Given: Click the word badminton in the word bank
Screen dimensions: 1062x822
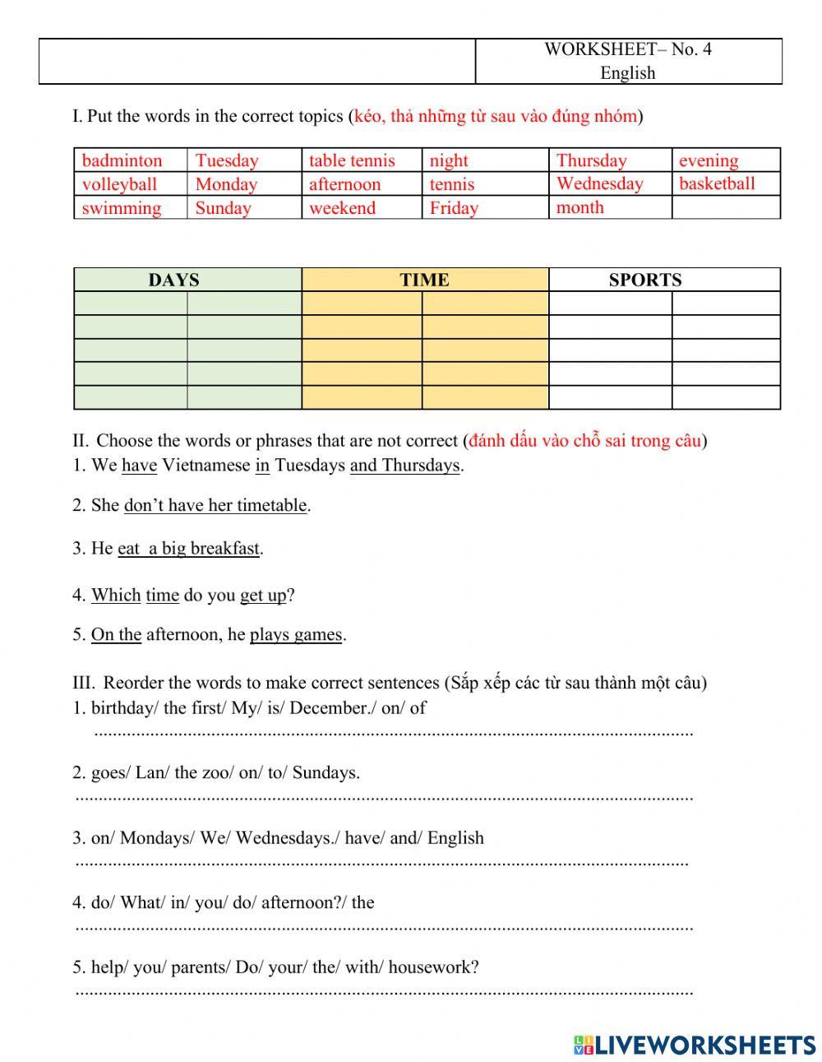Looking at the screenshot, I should (x=122, y=160).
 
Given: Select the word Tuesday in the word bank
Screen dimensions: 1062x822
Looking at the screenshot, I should (x=227, y=160).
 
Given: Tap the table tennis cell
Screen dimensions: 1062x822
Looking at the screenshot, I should (x=352, y=160).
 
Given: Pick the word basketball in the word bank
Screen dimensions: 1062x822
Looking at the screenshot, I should (x=717, y=183).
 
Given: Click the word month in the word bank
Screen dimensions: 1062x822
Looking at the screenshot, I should (x=580, y=207).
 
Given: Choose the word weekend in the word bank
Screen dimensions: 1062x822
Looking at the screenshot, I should (x=342, y=208).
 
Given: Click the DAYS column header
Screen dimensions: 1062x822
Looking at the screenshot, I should (x=173, y=280).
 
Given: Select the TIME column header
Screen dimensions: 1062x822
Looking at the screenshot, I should (x=424, y=280).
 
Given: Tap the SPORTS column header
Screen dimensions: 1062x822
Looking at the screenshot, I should (x=644, y=280).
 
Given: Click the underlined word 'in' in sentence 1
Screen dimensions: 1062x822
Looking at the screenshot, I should (x=262, y=466).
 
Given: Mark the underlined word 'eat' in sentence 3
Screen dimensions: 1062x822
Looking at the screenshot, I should (x=129, y=548).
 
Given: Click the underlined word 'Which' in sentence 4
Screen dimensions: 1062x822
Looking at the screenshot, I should (x=116, y=595).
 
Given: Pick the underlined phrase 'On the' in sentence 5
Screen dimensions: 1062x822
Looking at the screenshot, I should (x=116, y=634).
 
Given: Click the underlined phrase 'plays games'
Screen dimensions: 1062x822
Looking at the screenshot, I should (x=296, y=634).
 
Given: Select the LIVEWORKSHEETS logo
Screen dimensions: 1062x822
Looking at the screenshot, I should (x=695, y=1045).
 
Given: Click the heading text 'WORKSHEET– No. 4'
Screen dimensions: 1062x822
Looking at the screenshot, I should (x=627, y=49).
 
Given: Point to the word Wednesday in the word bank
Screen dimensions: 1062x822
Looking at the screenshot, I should (x=599, y=183).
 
